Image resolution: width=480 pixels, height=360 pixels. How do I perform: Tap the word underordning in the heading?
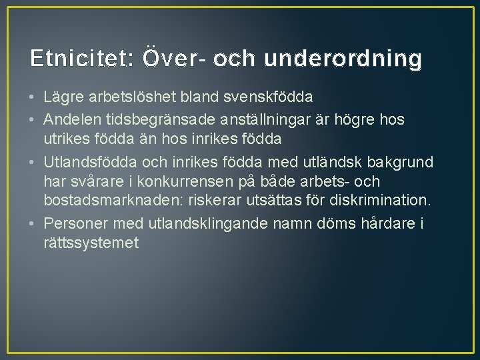pyautogui.click(x=343, y=59)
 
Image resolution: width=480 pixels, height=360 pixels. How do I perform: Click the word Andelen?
pyautogui.click(x=71, y=119)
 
